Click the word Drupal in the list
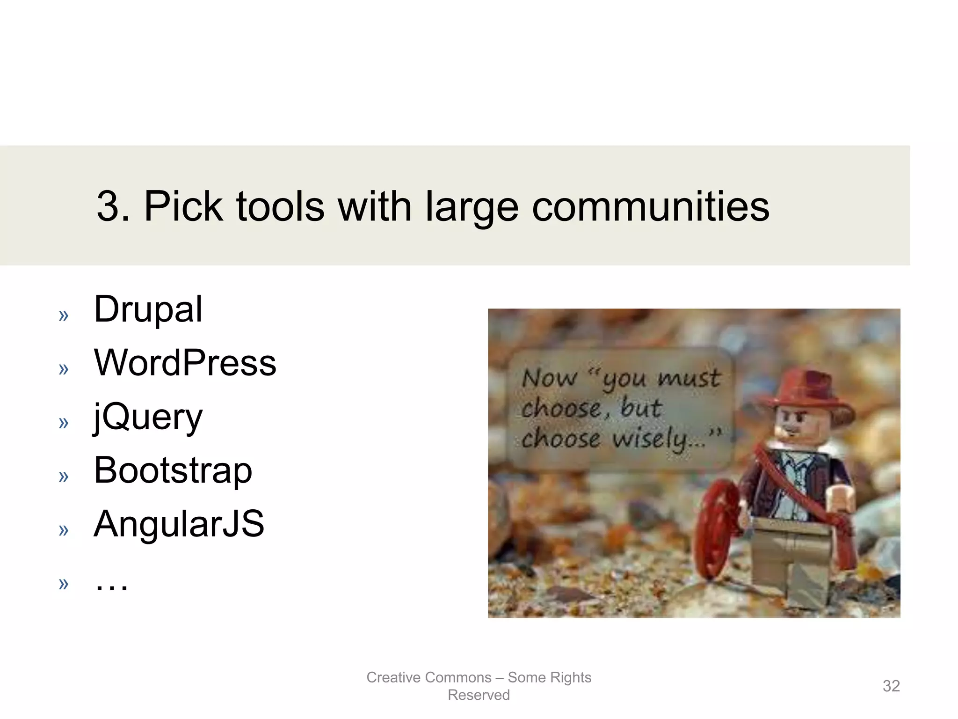(148, 309)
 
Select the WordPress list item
(185, 363)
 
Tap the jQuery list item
(148, 417)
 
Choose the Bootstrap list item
(173, 470)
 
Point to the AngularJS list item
(179, 524)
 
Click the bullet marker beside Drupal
(64, 315)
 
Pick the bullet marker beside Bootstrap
(64, 477)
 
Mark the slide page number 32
(891, 686)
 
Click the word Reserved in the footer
(479, 695)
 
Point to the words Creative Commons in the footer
(428, 677)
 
